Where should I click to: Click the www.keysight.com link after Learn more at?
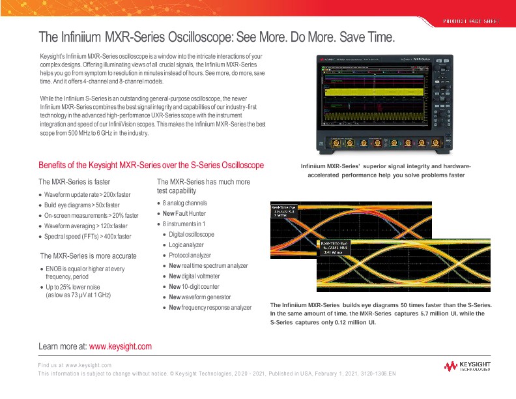pos(120,346)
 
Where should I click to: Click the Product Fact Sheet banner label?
pos(471,22)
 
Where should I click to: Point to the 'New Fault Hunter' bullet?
pos(184,213)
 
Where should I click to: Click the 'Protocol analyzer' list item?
pos(190,256)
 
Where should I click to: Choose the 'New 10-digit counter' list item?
pos(194,287)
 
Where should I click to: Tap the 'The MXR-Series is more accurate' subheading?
pos(88,256)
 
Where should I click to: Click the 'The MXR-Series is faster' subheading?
pos(75,182)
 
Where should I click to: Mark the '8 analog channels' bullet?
pos(184,203)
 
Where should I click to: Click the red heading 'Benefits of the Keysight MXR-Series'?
pos(151,166)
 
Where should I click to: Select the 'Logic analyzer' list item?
pos(186,245)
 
